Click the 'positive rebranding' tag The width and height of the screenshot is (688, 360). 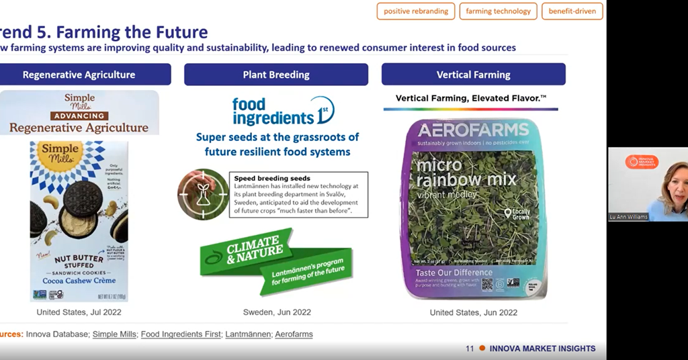[415, 11]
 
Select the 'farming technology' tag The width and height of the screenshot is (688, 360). [498, 11]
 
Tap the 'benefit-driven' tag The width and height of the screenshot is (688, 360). [572, 11]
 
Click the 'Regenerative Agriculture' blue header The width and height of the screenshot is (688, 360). [79, 75]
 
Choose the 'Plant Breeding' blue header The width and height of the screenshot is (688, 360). [276, 75]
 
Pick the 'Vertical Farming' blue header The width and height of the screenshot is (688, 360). [473, 75]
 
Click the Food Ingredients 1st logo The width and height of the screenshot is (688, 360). [283, 111]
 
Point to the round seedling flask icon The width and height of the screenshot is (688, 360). [202, 194]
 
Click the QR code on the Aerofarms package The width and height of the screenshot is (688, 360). [486, 283]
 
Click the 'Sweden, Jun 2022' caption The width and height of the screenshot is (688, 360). [277, 312]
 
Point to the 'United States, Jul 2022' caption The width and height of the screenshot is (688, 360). [79, 312]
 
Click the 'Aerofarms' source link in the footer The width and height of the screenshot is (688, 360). [294, 334]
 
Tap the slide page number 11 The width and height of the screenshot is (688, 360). [470, 349]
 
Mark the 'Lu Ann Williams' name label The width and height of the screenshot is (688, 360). [628, 217]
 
